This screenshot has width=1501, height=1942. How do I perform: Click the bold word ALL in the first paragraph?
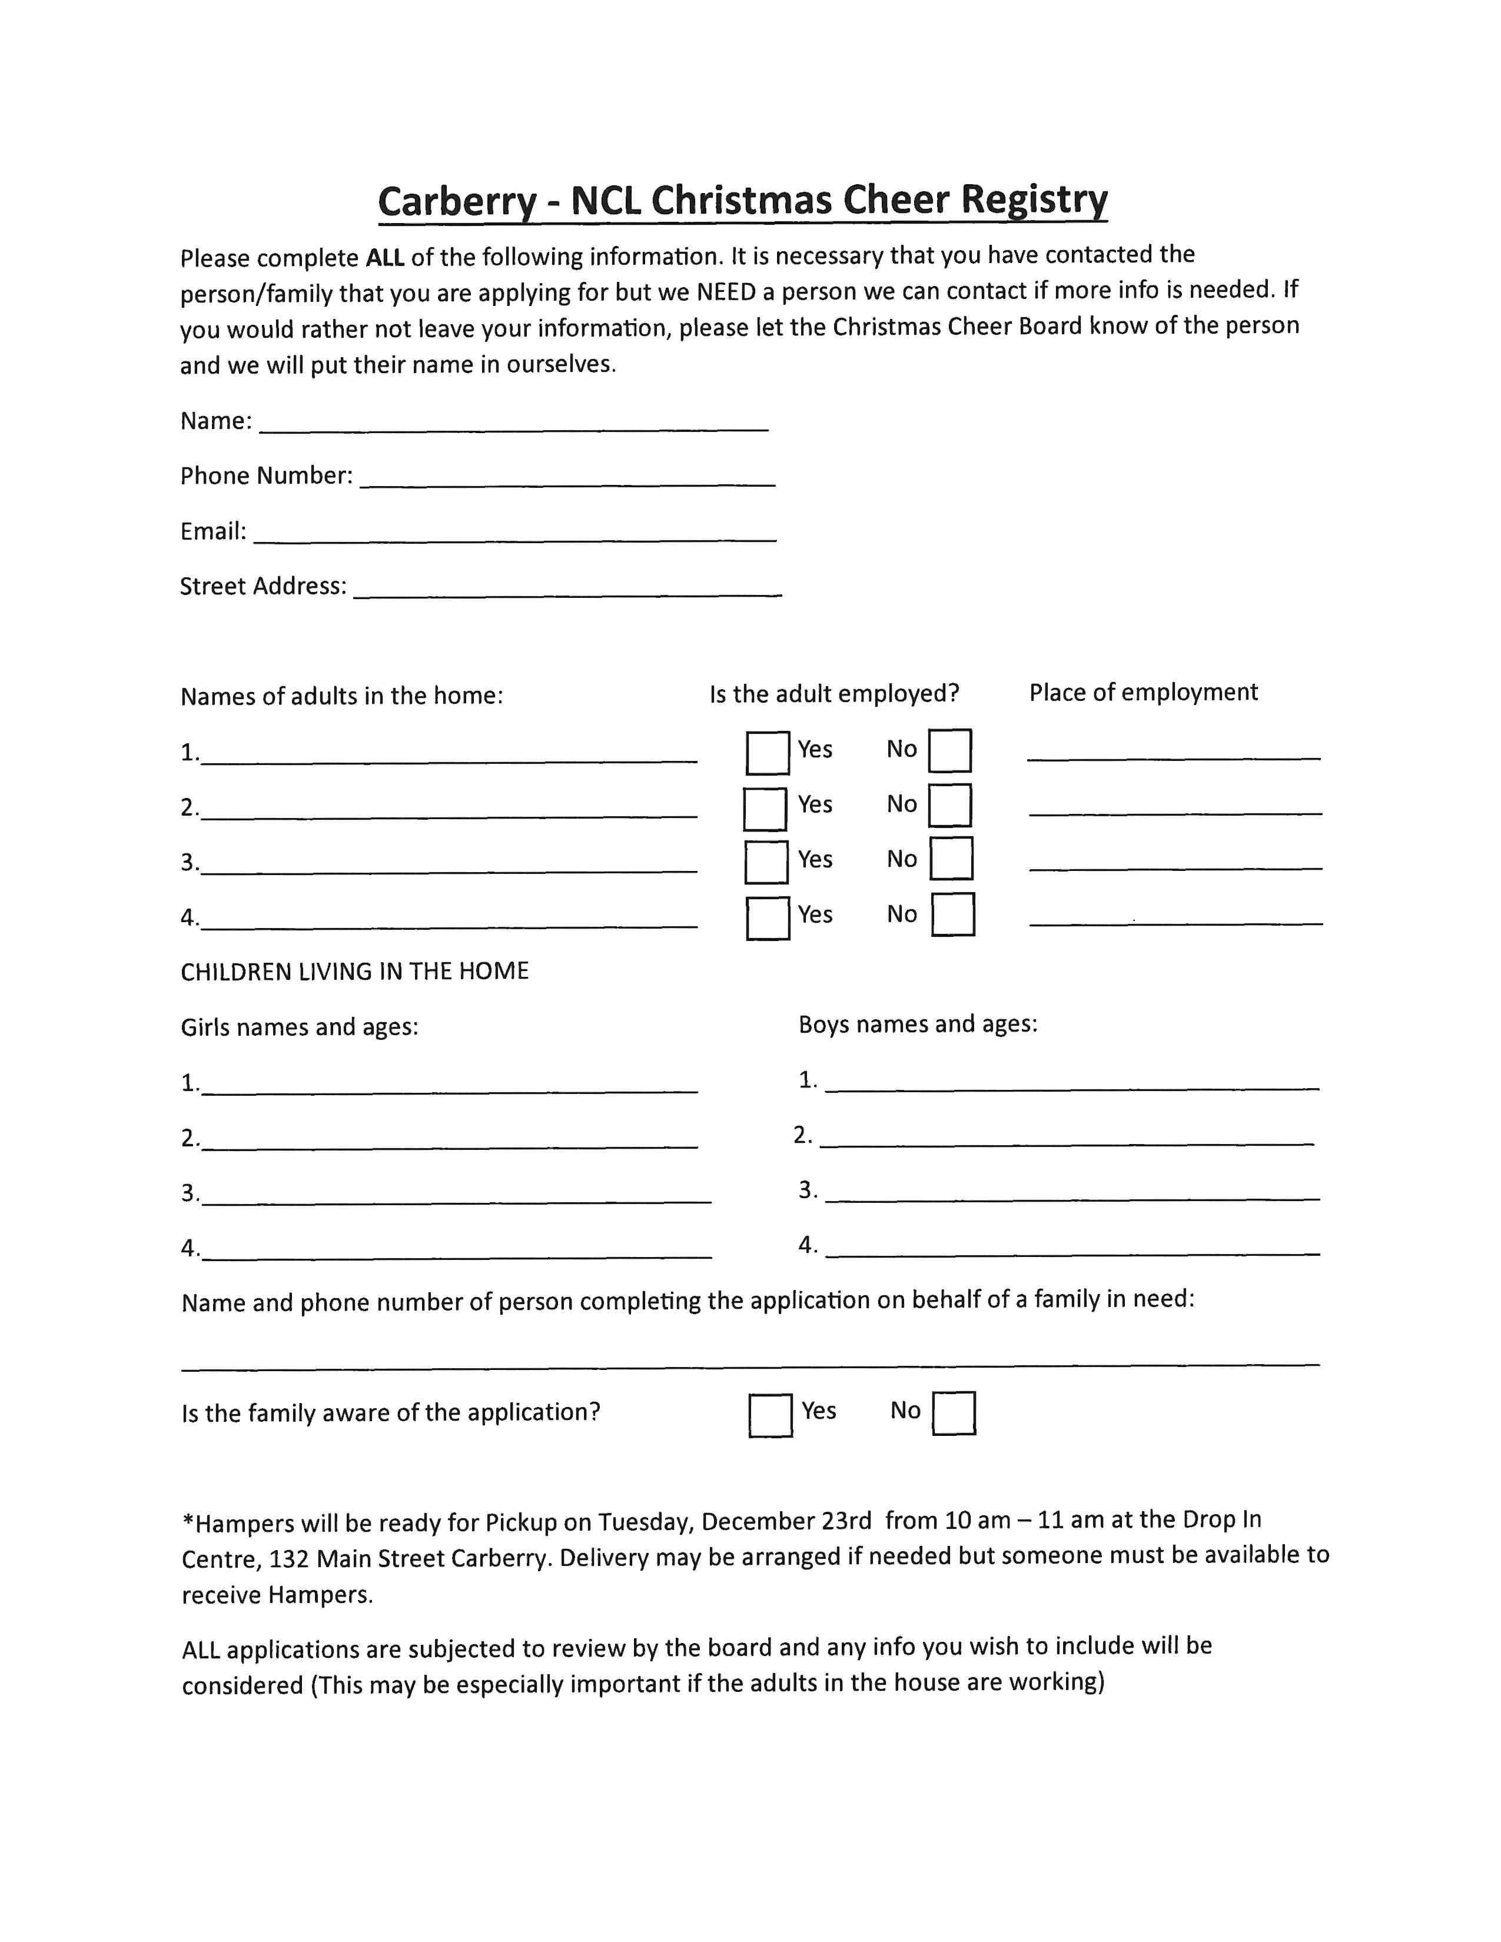click(x=385, y=258)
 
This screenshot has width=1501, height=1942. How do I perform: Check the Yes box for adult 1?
click(x=768, y=752)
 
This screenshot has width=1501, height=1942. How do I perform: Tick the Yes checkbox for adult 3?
click(x=766, y=862)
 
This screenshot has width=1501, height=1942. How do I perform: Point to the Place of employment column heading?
click(x=1143, y=693)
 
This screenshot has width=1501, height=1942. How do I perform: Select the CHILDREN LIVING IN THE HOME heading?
click(x=354, y=971)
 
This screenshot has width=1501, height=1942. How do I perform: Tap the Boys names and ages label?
click(x=918, y=1025)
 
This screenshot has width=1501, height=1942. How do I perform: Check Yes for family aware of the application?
click(x=770, y=1415)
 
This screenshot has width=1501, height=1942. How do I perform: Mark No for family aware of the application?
click(x=953, y=1414)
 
